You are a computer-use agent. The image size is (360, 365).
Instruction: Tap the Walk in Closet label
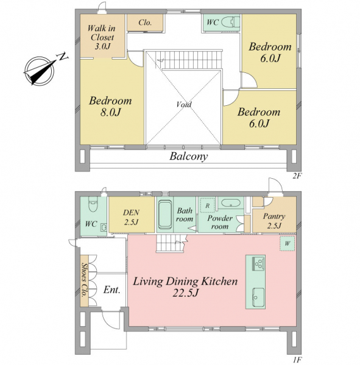pyautogui.click(x=102, y=37)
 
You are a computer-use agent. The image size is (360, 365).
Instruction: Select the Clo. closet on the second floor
pyautogui.click(x=145, y=23)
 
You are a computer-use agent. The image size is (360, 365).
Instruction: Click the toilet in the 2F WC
pyautogui.click(x=230, y=23)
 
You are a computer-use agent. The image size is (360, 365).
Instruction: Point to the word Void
pyautogui.click(x=184, y=104)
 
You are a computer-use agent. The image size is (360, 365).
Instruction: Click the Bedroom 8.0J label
pyautogui.click(x=110, y=106)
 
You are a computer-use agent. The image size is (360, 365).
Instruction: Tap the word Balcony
pyautogui.click(x=188, y=156)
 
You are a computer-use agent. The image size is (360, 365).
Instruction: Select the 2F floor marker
pyautogui.click(x=297, y=176)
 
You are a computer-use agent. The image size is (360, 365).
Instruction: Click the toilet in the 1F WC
pyautogui.click(x=93, y=204)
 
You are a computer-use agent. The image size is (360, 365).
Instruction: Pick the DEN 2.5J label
pyautogui.click(x=132, y=217)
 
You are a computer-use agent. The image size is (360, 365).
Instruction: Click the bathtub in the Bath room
pyautogui.click(x=165, y=215)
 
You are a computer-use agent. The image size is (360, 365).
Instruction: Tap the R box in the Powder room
pyautogui.click(x=207, y=206)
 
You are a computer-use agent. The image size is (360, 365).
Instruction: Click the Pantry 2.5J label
pyautogui.click(x=274, y=221)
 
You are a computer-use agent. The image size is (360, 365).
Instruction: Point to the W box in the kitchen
pyautogui.click(x=288, y=243)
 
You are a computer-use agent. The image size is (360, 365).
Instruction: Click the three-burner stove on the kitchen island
pyautogui.click(x=258, y=263)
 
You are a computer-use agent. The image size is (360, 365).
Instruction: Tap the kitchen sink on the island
pyautogui.click(x=258, y=297)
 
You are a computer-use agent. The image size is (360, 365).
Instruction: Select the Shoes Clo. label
pyautogui.click(x=84, y=280)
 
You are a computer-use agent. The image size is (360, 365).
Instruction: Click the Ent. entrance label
pyautogui.click(x=112, y=290)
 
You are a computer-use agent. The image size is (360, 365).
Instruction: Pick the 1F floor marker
pyautogui.click(x=297, y=360)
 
